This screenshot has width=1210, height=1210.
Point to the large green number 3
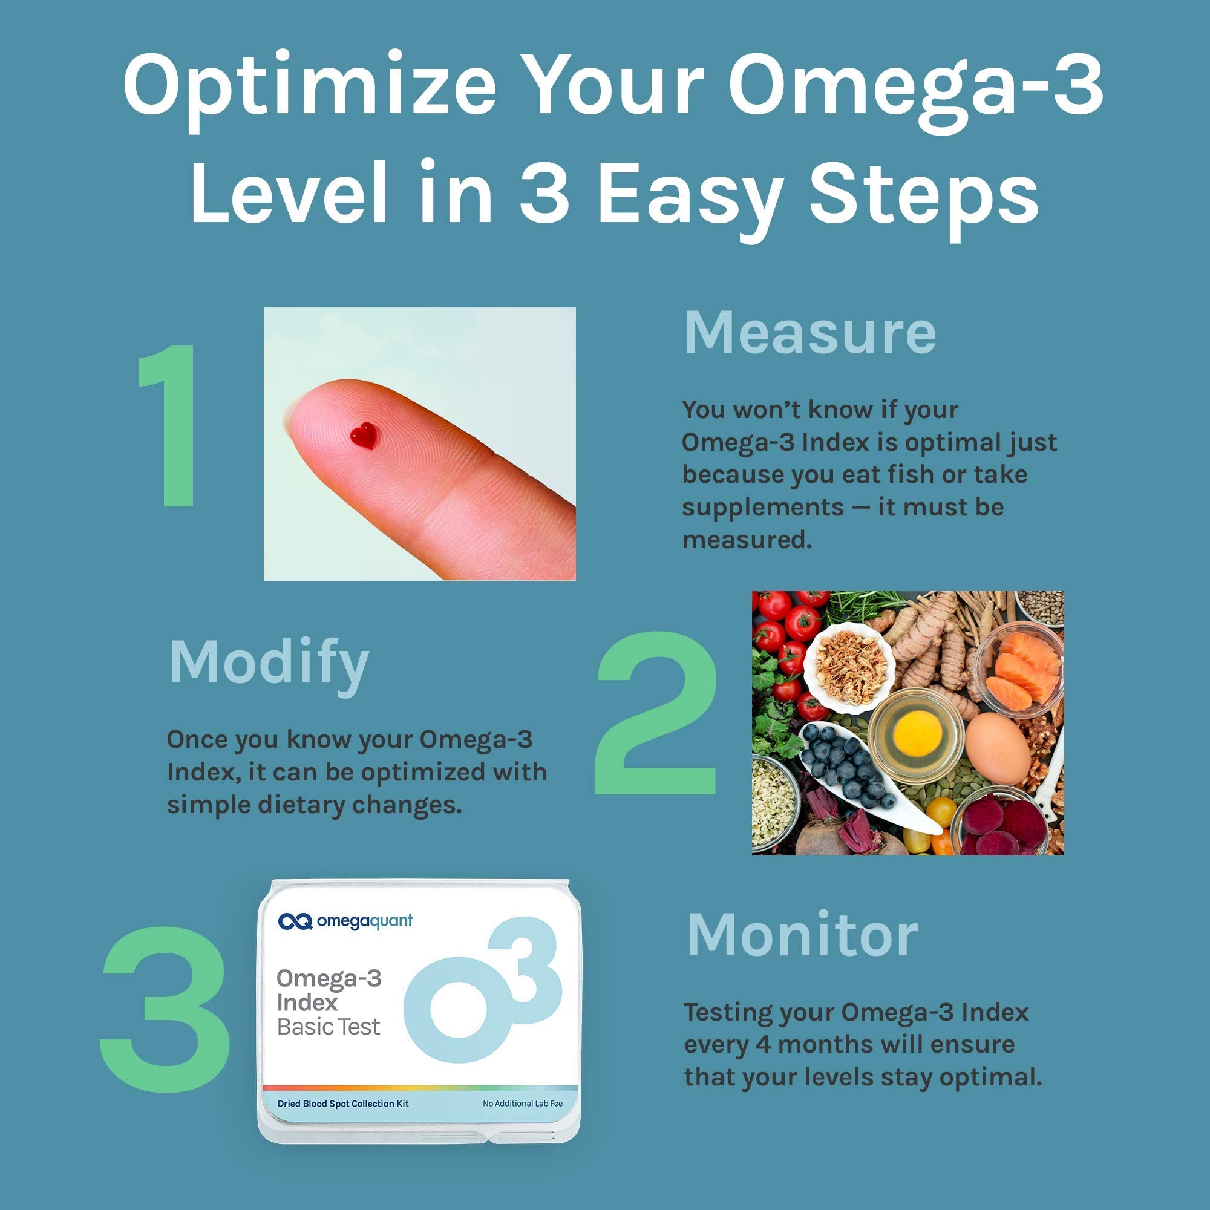point(164,1010)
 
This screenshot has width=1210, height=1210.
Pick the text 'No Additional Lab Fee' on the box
point(522,1104)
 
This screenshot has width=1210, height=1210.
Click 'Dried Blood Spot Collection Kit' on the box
point(342,1104)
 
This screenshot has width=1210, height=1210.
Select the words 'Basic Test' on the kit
point(328,1027)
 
